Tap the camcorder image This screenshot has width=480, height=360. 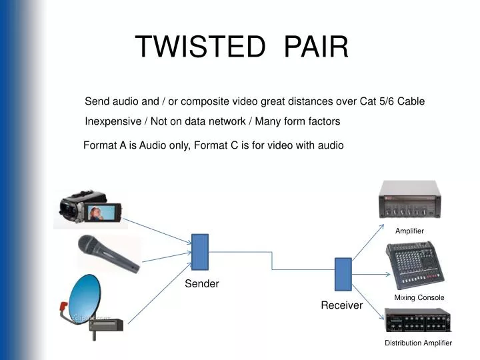(90, 208)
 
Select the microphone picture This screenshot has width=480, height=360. (109, 253)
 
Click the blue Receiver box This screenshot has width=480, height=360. (343, 274)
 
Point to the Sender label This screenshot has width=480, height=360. (201, 284)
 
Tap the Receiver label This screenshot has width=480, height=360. (341, 305)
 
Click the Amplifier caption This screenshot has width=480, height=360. (409, 231)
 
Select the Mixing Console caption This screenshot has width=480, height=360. (419, 297)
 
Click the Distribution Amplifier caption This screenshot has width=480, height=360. (418, 343)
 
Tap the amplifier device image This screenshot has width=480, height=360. (410, 199)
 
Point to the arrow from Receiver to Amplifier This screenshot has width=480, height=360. (369, 243)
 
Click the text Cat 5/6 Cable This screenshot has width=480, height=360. (392, 101)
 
